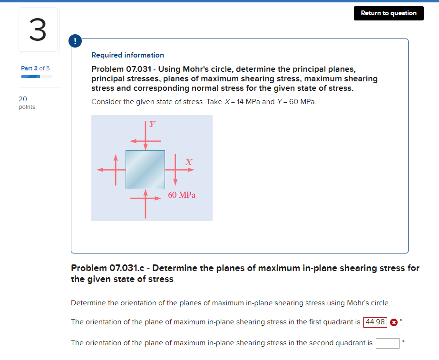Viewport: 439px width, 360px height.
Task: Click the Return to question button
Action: pyautogui.click(x=388, y=13)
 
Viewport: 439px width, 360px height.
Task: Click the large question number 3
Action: pyautogui.click(x=39, y=29)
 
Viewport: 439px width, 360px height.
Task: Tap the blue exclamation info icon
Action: pyautogui.click(x=75, y=41)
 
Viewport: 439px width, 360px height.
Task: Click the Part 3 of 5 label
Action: pyautogui.click(x=35, y=68)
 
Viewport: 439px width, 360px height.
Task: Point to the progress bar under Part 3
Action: pyautogui.click(x=36, y=76)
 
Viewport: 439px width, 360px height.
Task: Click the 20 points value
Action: pyautogui.click(x=26, y=102)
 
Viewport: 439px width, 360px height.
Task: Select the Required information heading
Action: pyautogui.click(x=127, y=55)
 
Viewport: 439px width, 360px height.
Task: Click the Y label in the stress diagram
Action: pyautogui.click(x=152, y=124)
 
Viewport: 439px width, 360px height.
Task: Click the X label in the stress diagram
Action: pyautogui.click(x=189, y=162)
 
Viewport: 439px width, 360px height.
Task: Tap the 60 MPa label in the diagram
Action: pyautogui.click(x=182, y=195)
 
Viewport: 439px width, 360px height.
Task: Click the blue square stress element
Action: pyautogui.click(x=145, y=169)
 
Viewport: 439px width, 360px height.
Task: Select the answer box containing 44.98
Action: pyautogui.click(x=375, y=322)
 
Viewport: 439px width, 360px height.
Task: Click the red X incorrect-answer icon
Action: pyautogui.click(x=394, y=322)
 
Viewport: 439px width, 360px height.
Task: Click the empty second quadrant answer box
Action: pyautogui.click(x=387, y=343)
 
